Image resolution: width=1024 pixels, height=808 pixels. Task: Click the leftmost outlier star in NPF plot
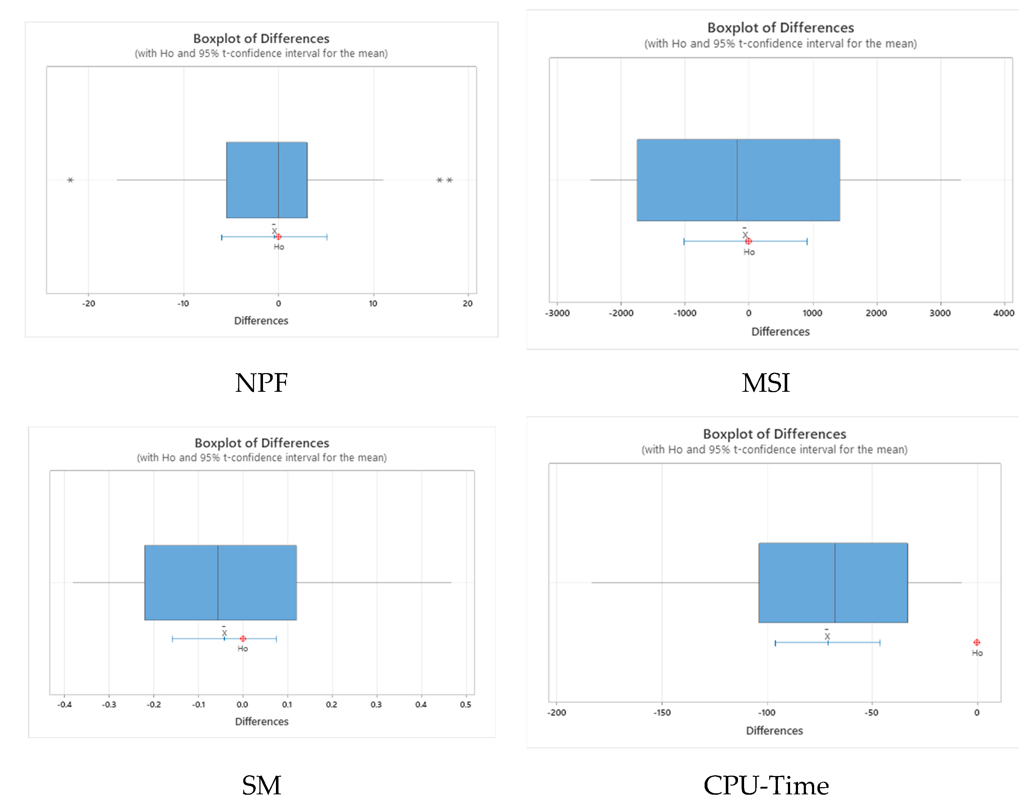70,180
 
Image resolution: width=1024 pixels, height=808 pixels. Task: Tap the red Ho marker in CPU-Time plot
976,642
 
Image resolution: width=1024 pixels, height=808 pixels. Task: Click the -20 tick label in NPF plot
88,304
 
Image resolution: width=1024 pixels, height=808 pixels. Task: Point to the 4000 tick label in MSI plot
1003,313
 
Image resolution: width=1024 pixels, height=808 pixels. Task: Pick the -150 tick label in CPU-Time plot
661,712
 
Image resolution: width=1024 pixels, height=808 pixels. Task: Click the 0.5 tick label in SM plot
465,704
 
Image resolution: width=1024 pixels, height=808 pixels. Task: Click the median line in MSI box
737,180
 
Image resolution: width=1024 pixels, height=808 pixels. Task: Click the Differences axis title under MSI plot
780,332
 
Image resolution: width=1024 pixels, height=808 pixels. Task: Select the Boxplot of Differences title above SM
262,443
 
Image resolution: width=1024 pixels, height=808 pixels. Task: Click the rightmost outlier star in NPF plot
449,180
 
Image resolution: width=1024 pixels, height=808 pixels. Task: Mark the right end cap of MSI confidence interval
807,241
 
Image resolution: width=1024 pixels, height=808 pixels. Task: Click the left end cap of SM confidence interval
172,639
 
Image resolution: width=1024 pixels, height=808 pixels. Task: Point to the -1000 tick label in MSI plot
684,313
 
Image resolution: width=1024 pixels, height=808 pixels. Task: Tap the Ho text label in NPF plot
279,247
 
